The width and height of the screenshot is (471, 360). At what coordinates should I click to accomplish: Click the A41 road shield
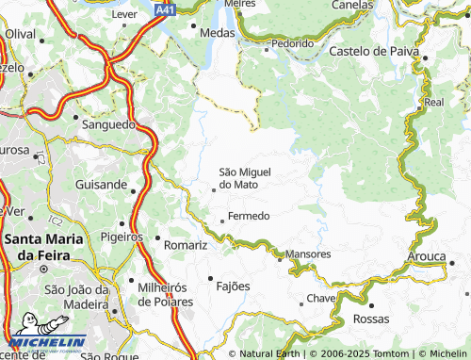[166, 8]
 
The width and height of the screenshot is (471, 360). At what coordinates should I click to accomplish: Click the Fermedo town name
[249, 216]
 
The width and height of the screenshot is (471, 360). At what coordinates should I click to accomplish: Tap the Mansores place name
[308, 254]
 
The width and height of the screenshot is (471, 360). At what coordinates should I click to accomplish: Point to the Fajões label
[234, 286]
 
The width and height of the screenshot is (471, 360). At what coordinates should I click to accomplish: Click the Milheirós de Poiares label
[166, 294]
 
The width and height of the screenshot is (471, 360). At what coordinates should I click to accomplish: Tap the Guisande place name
[101, 187]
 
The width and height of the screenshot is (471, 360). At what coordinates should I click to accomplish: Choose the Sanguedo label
[110, 124]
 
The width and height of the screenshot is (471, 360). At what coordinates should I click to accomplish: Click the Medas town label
[218, 32]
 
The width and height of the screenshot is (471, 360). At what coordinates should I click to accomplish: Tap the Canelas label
[351, 5]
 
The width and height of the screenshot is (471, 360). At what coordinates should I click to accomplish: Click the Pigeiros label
[121, 237]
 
